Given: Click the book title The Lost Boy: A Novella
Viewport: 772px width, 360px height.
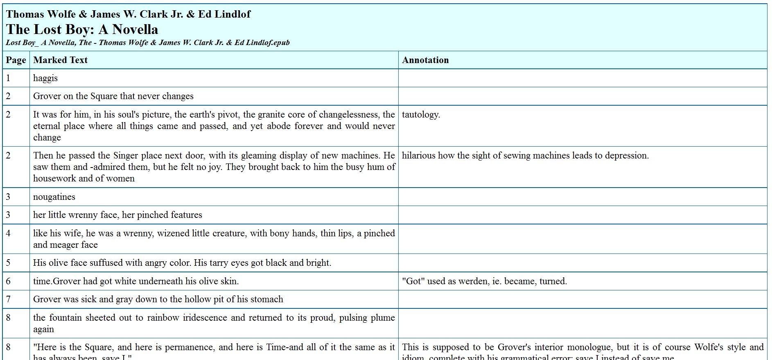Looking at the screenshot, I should (82, 29).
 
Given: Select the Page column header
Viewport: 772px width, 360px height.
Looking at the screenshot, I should (16, 60).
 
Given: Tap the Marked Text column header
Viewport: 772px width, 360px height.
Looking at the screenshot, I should (60, 60).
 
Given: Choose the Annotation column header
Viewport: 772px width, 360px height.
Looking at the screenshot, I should (425, 60).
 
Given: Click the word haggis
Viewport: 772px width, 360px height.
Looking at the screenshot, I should (45, 78).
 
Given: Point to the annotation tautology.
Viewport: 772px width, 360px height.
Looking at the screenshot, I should (421, 115).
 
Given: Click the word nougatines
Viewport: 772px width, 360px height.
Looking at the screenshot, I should (54, 197).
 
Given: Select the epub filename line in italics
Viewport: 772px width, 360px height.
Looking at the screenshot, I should (148, 43).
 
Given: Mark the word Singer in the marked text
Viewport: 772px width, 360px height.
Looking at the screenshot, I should (126, 156).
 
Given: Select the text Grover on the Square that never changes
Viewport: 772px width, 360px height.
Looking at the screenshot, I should (113, 96).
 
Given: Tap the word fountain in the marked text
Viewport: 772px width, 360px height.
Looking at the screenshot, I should (67, 318).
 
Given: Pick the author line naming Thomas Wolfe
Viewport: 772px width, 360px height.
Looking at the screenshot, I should (128, 14).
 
